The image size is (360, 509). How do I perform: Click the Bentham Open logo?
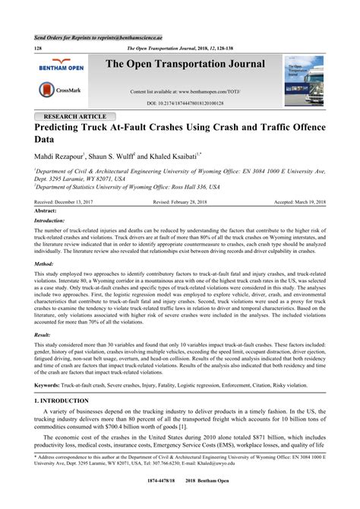pos(61,67)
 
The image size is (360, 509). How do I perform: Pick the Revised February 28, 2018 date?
pos(182,202)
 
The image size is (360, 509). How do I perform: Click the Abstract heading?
pos(46,210)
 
